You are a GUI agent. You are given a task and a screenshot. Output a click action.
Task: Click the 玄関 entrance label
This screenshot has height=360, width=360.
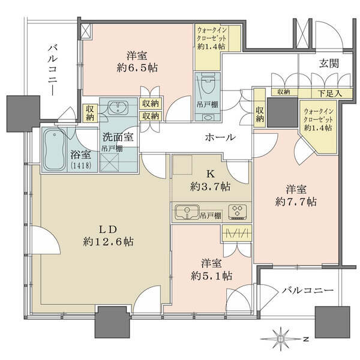[x=329, y=64]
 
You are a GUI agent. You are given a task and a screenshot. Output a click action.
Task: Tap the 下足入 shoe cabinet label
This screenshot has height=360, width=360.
[x=329, y=93]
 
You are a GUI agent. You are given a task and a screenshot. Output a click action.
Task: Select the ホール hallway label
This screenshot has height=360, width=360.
[x=220, y=137]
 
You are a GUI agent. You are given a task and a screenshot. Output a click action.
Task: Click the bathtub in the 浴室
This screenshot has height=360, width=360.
[x=54, y=149]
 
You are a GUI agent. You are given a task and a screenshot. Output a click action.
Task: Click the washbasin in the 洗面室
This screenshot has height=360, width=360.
[x=118, y=108]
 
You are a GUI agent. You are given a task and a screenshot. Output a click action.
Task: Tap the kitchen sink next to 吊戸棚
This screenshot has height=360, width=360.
[x=187, y=212]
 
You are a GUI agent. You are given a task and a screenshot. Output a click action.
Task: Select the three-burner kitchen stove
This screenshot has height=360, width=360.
[x=238, y=212]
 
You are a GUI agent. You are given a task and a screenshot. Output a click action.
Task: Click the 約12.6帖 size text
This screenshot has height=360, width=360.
[x=109, y=242]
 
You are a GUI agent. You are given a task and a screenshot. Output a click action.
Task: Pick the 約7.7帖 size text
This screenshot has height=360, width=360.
[x=296, y=202]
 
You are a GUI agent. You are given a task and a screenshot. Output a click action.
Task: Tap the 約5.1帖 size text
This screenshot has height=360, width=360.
[x=211, y=276]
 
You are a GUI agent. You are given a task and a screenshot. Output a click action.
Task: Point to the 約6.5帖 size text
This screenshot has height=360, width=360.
[x=137, y=68]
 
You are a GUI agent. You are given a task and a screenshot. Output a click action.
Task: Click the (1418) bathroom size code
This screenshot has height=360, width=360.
[x=81, y=166]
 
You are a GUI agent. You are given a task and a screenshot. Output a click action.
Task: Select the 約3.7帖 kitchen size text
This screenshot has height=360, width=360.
[x=211, y=187]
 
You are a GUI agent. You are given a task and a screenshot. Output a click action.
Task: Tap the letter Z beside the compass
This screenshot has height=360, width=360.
[x=305, y=339]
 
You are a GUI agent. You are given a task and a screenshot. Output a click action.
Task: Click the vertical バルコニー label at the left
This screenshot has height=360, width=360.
[x=53, y=71]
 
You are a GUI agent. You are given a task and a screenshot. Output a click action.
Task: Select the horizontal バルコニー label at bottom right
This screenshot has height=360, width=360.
[x=307, y=290]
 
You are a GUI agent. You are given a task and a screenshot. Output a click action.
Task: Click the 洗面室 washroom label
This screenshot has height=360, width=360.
[x=118, y=137]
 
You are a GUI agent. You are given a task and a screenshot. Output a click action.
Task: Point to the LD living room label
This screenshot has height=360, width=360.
[x=108, y=229]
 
